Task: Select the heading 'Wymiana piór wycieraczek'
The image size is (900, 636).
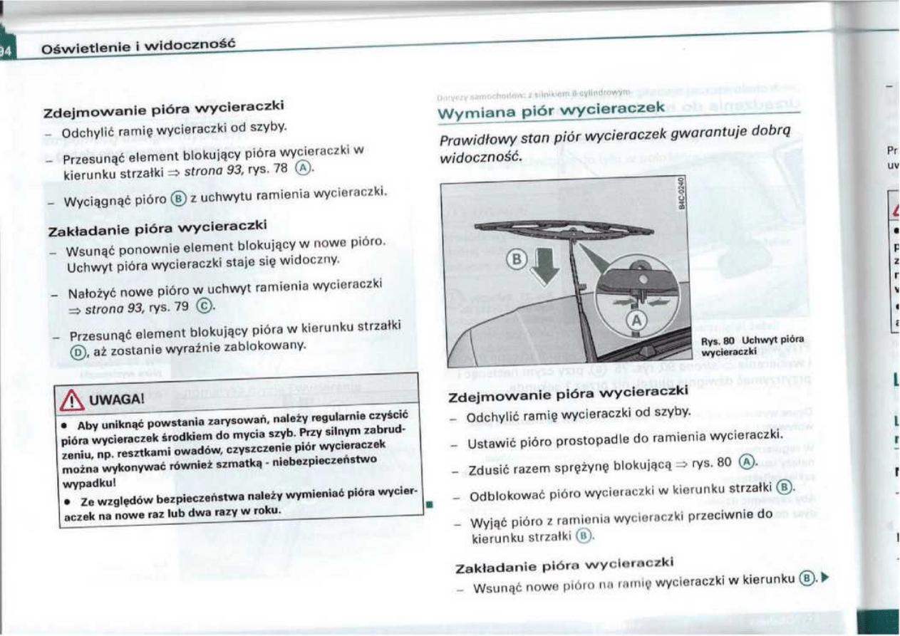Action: pos(552,110)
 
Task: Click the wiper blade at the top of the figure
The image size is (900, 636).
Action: pos(563,230)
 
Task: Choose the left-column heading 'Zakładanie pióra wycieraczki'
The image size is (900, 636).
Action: pos(157,228)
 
